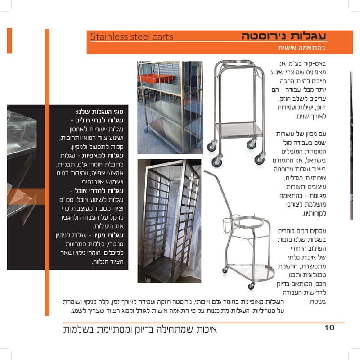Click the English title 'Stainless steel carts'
tap(131, 36)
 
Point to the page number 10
tap(329, 328)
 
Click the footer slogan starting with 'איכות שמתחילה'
tap(140, 328)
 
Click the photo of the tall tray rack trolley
tap(168, 220)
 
